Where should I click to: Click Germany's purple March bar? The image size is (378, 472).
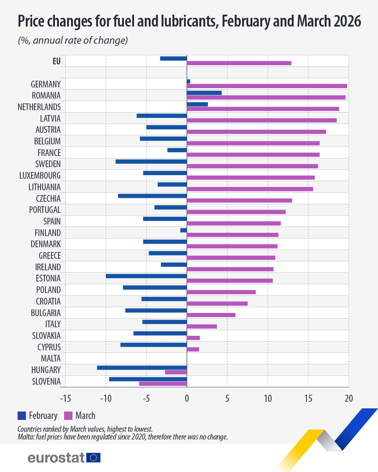(x=267, y=86)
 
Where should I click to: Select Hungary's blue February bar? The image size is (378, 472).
(x=142, y=367)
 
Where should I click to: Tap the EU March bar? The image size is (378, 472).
(x=239, y=63)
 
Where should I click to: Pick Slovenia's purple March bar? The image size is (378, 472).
(x=163, y=384)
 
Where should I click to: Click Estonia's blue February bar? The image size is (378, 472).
(x=146, y=276)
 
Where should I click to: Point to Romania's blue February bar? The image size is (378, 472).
(x=204, y=93)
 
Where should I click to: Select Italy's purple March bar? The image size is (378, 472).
(x=202, y=326)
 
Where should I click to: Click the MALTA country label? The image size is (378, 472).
(x=51, y=358)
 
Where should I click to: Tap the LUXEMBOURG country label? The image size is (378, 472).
(x=40, y=176)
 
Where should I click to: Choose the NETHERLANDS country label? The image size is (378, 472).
(x=39, y=107)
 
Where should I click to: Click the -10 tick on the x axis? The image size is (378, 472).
(x=106, y=398)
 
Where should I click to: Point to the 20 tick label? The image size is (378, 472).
(x=349, y=398)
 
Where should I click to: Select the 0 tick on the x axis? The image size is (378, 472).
(x=187, y=398)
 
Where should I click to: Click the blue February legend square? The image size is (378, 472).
(x=22, y=416)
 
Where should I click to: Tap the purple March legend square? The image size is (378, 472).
(x=68, y=416)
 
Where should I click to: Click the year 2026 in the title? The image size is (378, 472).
(x=347, y=21)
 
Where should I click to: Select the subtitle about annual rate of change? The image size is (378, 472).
(x=73, y=41)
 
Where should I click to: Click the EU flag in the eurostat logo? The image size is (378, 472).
(x=93, y=458)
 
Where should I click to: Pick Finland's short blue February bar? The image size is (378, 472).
(x=183, y=230)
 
